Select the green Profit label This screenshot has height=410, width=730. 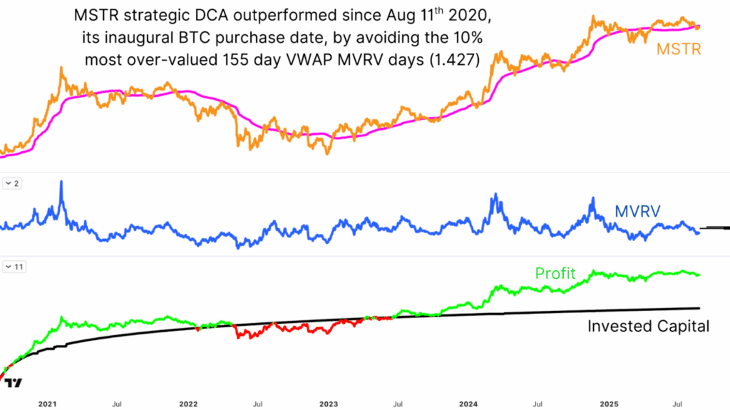(x=555, y=273)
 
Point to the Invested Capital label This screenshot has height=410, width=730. (x=648, y=327)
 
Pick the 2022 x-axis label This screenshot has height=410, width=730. (x=187, y=403)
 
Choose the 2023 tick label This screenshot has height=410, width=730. (x=329, y=403)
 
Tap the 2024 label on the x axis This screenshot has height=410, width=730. (x=470, y=403)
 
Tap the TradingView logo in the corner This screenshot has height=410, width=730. (x=13, y=383)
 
